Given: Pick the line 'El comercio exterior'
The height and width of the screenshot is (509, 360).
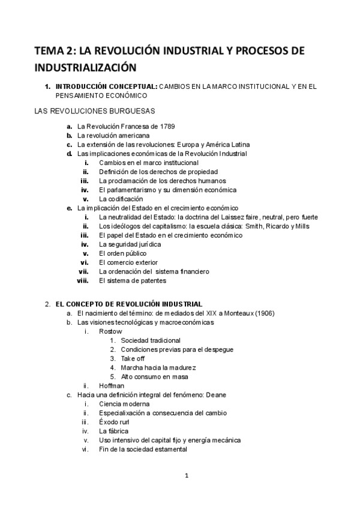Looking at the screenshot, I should tap(128, 262).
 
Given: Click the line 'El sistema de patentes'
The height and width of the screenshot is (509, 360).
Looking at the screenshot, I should tap(133, 280).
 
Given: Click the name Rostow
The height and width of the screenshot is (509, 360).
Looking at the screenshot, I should tap(110, 331).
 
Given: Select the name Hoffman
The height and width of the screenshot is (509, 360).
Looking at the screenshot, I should tap(112, 385).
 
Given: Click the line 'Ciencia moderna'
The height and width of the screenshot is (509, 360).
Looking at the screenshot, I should tap(125, 404).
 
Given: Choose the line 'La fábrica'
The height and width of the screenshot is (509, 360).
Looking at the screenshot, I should tap(114, 431).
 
